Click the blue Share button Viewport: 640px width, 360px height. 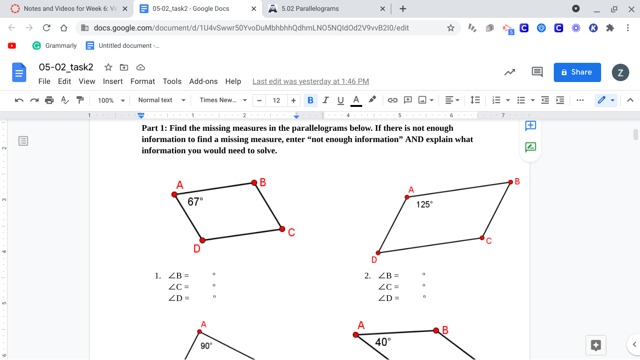pos(577,72)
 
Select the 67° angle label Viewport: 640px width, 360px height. pos(195,202)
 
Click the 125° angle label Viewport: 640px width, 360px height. pos(424,204)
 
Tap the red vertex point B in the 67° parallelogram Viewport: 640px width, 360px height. pos(254,182)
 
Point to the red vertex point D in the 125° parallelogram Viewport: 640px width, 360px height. pos(378,253)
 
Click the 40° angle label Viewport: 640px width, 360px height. pos(383,342)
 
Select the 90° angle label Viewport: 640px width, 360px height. pos(206,345)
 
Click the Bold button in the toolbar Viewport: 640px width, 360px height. pos(310,100)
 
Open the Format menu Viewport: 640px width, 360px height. pos(142,81)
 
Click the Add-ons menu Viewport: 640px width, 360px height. pos(203,81)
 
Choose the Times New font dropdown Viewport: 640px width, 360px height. pos(223,100)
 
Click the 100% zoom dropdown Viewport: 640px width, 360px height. pos(111,100)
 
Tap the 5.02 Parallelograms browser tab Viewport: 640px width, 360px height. pos(310,8)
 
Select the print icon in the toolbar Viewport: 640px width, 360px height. pos(49,100)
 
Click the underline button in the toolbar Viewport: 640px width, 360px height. pos(341,100)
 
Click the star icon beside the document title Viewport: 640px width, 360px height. pos(108,67)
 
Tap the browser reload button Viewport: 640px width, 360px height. pos(46,28)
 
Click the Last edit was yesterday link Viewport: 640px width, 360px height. pos(311,81)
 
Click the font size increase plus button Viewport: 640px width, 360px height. pos(293,100)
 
